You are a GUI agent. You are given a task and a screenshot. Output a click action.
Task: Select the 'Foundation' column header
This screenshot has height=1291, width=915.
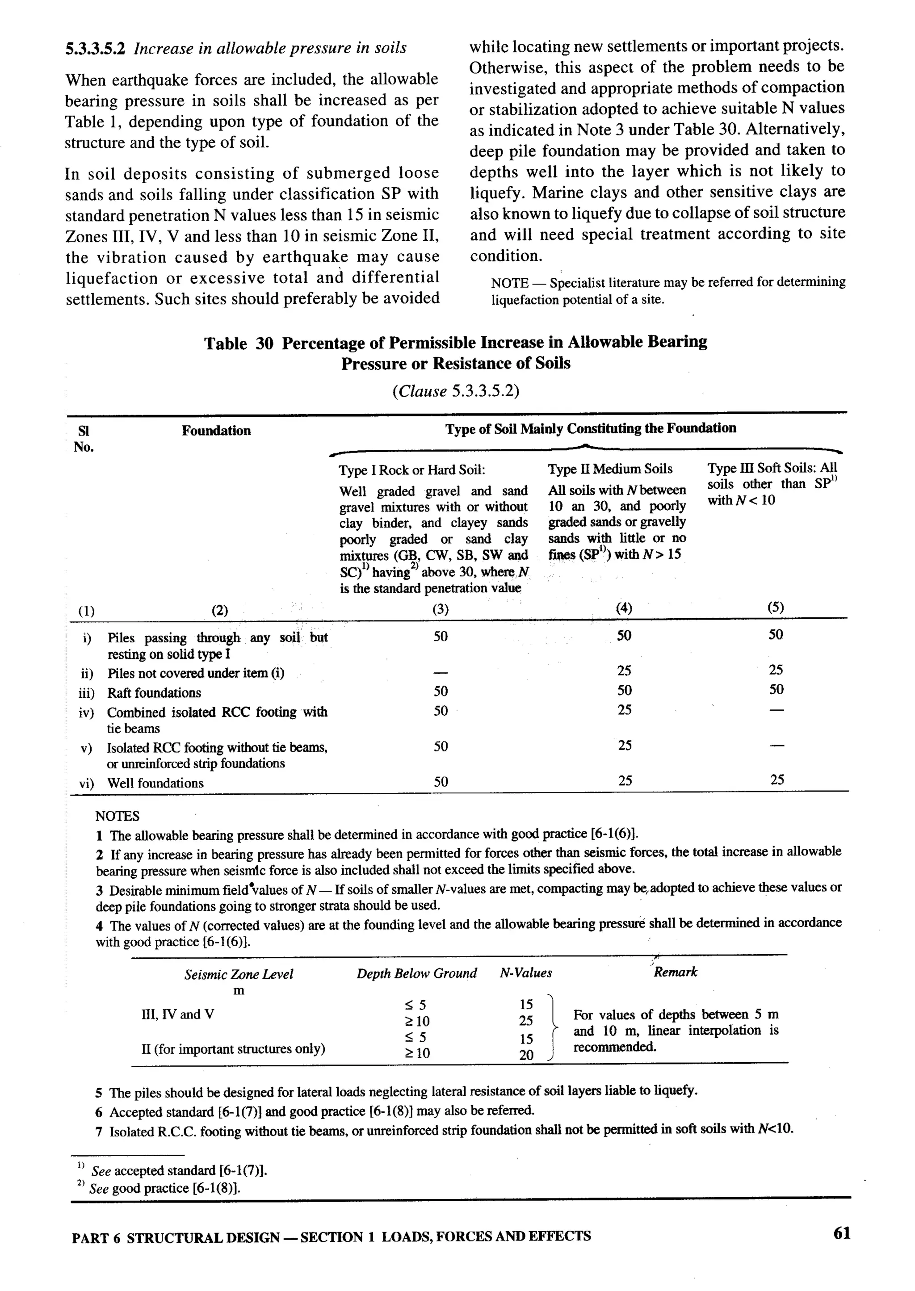[216, 431]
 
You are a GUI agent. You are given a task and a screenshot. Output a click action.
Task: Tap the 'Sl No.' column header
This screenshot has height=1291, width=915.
[84, 439]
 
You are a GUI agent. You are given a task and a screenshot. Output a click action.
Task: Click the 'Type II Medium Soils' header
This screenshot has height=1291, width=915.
[609, 469]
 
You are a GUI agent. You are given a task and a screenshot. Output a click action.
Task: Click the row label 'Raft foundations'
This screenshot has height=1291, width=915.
[154, 693]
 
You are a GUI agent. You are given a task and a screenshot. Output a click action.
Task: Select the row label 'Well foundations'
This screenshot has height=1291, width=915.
[155, 783]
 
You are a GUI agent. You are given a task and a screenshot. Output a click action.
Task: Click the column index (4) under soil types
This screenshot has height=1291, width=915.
[624, 608]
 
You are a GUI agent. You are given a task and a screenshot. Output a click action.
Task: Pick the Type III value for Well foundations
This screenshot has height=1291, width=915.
[776, 780]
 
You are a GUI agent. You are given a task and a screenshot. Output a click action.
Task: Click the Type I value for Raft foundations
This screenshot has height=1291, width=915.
[441, 691]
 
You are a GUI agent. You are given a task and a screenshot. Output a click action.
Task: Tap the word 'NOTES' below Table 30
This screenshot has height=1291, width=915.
[117, 816]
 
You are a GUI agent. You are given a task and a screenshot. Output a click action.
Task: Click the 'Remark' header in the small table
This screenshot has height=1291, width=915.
[675, 972]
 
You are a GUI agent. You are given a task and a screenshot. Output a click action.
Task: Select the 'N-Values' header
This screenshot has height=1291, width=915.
[525, 973]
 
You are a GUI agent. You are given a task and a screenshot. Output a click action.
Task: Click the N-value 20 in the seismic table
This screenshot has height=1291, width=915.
[526, 1056]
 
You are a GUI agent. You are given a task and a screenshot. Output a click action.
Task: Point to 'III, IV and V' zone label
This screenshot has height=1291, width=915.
[177, 1014]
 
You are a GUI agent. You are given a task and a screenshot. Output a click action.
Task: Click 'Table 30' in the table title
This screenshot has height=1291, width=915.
[238, 344]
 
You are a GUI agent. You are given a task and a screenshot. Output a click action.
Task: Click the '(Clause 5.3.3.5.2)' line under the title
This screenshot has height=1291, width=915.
[455, 391]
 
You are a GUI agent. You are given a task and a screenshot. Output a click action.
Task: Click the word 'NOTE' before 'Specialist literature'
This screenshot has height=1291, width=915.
[509, 283]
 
